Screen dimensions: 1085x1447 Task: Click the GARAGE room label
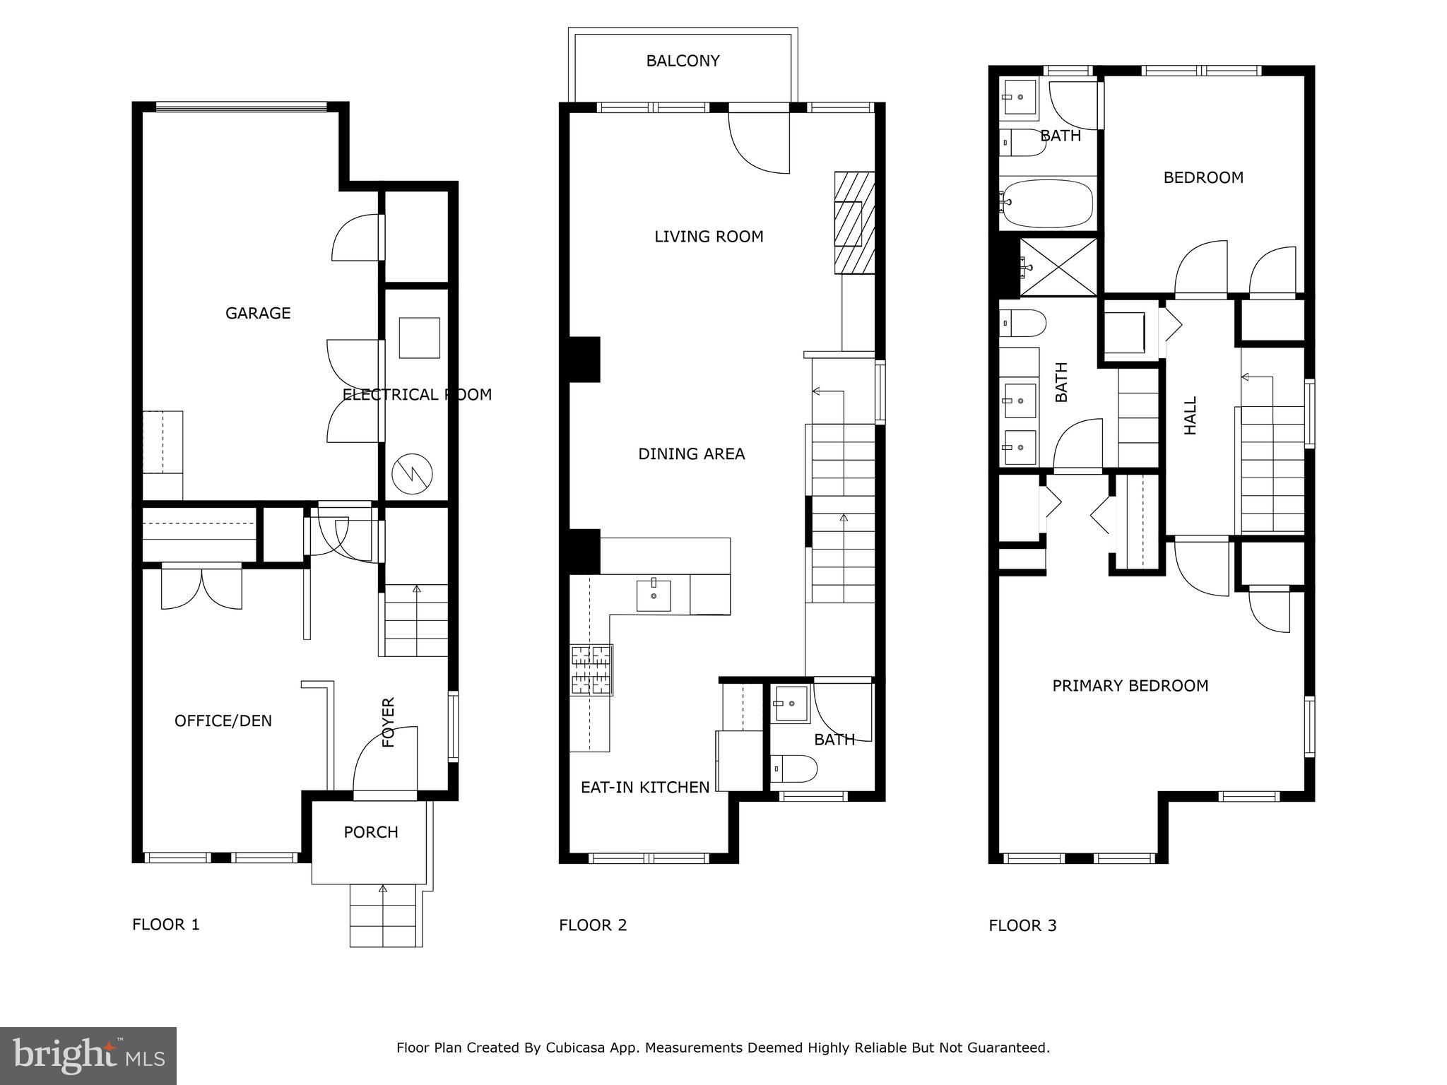pos(258,313)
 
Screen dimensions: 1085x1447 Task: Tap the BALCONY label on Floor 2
pos(683,61)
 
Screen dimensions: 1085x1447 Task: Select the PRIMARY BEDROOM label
pos(1130,685)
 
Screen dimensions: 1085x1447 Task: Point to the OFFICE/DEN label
pos(223,721)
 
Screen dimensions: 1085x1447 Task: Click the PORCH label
pos(371,832)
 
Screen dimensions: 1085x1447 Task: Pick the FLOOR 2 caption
pos(593,925)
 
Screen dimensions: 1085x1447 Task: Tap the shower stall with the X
pos(1058,267)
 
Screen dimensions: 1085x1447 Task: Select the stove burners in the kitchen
pos(591,670)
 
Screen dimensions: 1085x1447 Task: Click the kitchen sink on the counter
pos(654,595)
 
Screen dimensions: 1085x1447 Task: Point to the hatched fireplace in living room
pos(854,223)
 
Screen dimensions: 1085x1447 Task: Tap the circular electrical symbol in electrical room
pos(413,473)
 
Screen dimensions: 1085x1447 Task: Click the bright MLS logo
pos(88,1055)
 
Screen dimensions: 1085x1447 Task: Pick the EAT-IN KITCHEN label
pos(645,787)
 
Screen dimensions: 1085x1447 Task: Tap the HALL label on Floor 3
pos(1191,415)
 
